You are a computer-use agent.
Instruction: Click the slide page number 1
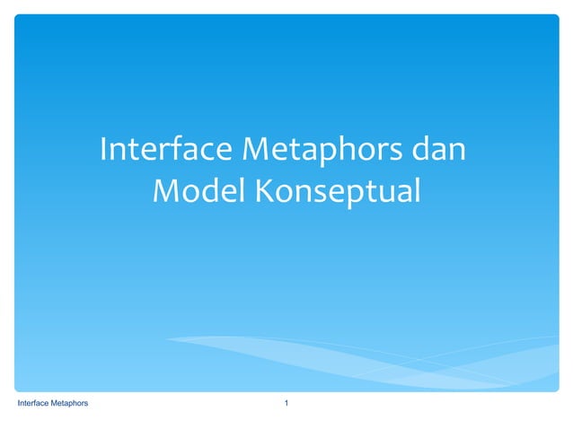tap(286, 405)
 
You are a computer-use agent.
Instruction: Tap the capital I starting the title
tap(104, 149)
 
